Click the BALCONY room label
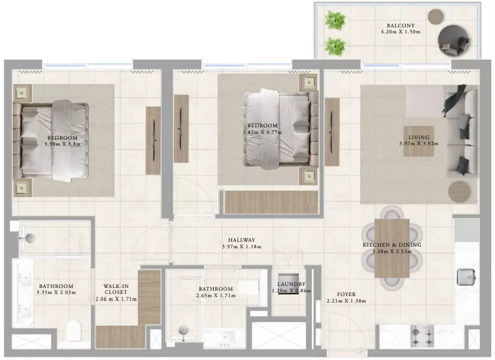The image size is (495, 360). (401, 26)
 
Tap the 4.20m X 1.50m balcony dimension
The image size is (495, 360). (401, 32)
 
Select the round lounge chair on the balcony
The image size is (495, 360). (454, 41)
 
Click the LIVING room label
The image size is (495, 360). (419, 138)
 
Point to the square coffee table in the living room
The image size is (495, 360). (419, 141)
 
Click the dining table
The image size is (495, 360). (392, 248)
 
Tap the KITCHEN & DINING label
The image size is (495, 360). (392, 245)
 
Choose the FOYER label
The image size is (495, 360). (346, 294)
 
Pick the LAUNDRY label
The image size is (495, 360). (291, 284)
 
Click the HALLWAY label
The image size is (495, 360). (242, 240)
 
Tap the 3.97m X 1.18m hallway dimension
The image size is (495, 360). (242, 247)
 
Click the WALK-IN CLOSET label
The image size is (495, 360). (116, 289)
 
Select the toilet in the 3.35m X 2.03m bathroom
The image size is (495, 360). (74, 330)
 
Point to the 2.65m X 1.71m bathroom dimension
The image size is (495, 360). (216, 296)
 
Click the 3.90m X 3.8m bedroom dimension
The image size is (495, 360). (62, 144)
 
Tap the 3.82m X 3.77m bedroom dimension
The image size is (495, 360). (263, 132)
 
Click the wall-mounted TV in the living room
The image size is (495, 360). (332, 132)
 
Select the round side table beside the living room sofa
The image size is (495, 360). (460, 192)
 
